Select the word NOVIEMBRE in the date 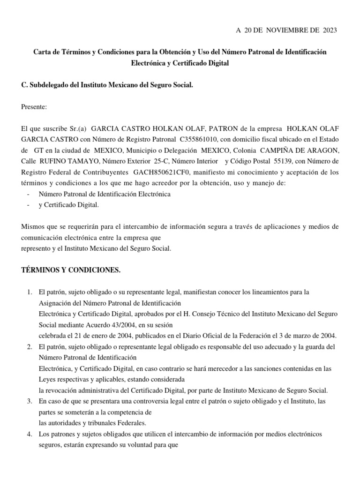click(279, 30)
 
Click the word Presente click(34, 107)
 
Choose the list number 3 click(29, 401)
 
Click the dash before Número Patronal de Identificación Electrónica click(29, 194)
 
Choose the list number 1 click(29, 292)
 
